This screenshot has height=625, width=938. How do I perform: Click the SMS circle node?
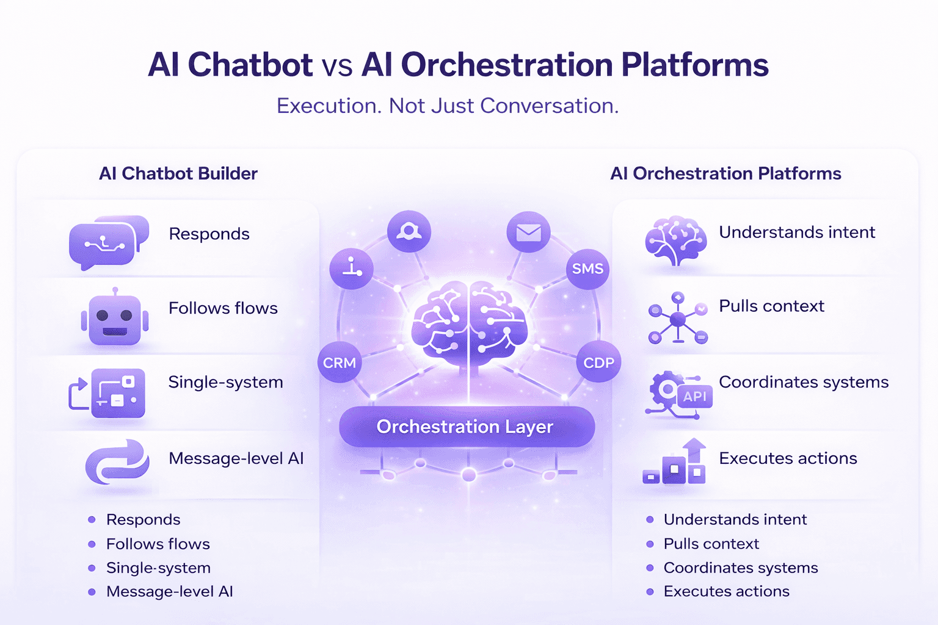pyautogui.click(x=587, y=269)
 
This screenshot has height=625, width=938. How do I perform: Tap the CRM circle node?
pyautogui.click(x=340, y=363)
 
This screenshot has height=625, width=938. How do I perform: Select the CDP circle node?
pyautogui.click(x=598, y=363)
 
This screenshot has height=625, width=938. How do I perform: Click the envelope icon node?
pyautogui.click(x=528, y=233)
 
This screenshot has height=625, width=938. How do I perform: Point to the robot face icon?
pyautogui.click(x=115, y=319)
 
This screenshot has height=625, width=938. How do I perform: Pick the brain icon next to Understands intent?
pyautogui.click(x=676, y=240)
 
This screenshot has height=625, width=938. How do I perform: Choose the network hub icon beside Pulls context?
pyautogui.click(x=677, y=318)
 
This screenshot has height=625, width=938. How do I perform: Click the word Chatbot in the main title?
pyautogui.click(x=250, y=65)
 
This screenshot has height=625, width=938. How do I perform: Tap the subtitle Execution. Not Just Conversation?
pyautogui.click(x=448, y=106)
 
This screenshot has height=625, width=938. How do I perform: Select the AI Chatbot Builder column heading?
pyautogui.click(x=178, y=173)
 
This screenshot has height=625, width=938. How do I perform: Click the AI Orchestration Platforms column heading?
pyautogui.click(x=725, y=173)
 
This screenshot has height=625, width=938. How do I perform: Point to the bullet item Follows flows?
pyautogui.click(x=158, y=544)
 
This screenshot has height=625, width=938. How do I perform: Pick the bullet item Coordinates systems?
pyautogui.click(x=740, y=568)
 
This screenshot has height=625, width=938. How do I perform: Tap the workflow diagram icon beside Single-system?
pyautogui.click(x=108, y=392)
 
